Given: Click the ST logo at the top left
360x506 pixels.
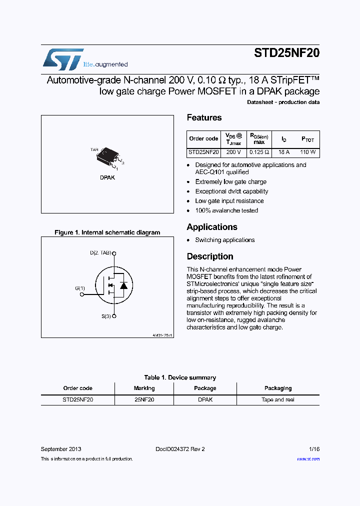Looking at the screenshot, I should pyautogui.click(x=62, y=59).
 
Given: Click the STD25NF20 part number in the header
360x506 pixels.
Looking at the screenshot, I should pyautogui.click(x=286, y=54).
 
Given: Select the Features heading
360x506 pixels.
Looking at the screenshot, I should pyautogui.click(x=204, y=118).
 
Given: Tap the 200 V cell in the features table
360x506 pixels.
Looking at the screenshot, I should pyautogui.click(x=233, y=152).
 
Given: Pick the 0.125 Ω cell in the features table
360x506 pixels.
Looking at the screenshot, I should pyautogui.click(x=259, y=152).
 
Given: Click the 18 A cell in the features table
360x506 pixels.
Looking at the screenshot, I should pyautogui.click(x=284, y=152).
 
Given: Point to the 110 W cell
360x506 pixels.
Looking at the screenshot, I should pyautogui.click(x=307, y=152).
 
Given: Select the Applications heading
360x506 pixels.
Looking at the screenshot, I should pyautogui.click(x=212, y=227).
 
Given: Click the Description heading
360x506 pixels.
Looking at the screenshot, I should pyautogui.click(x=210, y=256).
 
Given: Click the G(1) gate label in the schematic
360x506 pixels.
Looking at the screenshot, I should pyautogui.click(x=80, y=288).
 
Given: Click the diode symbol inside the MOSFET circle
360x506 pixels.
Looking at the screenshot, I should pyautogui.click(x=122, y=286).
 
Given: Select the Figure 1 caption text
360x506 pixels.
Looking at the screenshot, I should pyautogui.click(x=107, y=232).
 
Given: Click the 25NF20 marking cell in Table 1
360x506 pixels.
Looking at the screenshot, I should pyautogui.click(x=144, y=400).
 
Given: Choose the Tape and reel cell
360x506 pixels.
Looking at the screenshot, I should pyautogui.click(x=278, y=400).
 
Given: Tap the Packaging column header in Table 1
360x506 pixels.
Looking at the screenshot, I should pyautogui.click(x=278, y=388).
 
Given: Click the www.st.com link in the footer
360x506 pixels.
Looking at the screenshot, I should pyautogui.click(x=308, y=459).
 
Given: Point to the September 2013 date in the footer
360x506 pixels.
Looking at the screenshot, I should pyautogui.click(x=61, y=449).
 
